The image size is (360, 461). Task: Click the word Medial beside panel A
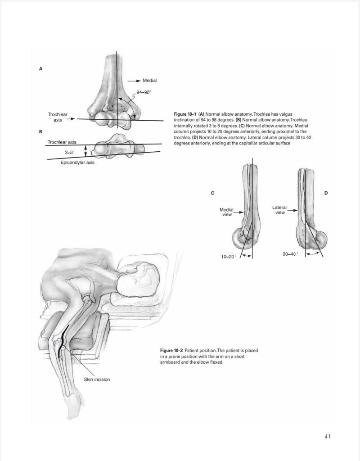(149, 81)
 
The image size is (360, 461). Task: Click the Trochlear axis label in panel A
(58, 118)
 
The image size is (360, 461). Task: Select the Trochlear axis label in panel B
(62, 142)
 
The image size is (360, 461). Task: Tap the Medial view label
(227, 212)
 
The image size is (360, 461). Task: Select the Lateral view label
(279, 210)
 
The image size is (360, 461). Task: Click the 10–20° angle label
(229, 256)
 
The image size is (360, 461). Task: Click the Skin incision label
(97, 379)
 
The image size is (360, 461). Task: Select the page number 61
(328, 436)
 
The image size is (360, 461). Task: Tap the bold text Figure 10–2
(171, 350)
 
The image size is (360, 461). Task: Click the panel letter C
(212, 193)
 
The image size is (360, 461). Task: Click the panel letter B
(40, 131)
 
